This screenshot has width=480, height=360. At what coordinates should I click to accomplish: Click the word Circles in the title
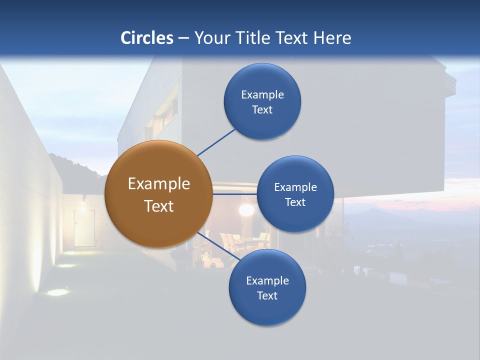147,38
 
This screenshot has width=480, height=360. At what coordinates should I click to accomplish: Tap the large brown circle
158,194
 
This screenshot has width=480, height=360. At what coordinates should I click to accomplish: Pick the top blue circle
262,101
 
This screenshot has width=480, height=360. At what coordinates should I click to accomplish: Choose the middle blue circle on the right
295,194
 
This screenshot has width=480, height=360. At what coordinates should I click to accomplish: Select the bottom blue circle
267,287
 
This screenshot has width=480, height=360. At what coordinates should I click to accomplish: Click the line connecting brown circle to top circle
216,142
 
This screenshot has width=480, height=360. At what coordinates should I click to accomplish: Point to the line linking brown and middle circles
234,194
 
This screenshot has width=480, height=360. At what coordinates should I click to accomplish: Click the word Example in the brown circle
159,183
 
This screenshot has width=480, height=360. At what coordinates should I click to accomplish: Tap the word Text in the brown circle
159,206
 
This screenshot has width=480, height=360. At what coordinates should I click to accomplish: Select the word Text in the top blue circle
262,109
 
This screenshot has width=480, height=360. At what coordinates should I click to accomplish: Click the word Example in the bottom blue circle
267,280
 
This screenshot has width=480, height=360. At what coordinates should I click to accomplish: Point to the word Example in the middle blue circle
295,187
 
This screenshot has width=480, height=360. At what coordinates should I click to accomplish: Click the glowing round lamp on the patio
246,210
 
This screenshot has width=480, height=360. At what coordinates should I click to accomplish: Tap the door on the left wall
84,227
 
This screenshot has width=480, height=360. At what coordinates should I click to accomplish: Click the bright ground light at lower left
58,292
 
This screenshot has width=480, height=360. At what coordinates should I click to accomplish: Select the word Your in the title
210,38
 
